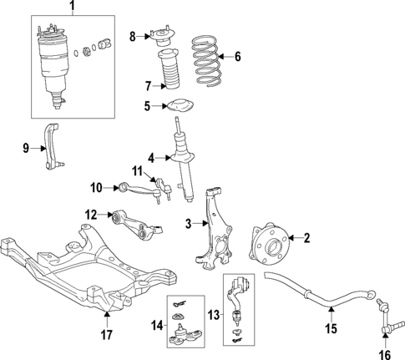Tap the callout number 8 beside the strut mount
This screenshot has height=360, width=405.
click(x=131, y=36)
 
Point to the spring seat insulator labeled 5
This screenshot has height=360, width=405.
click(x=177, y=107)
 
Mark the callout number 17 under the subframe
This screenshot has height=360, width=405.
click(x=107, y=337)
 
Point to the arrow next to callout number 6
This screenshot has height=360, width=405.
click(x=225, y=58)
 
